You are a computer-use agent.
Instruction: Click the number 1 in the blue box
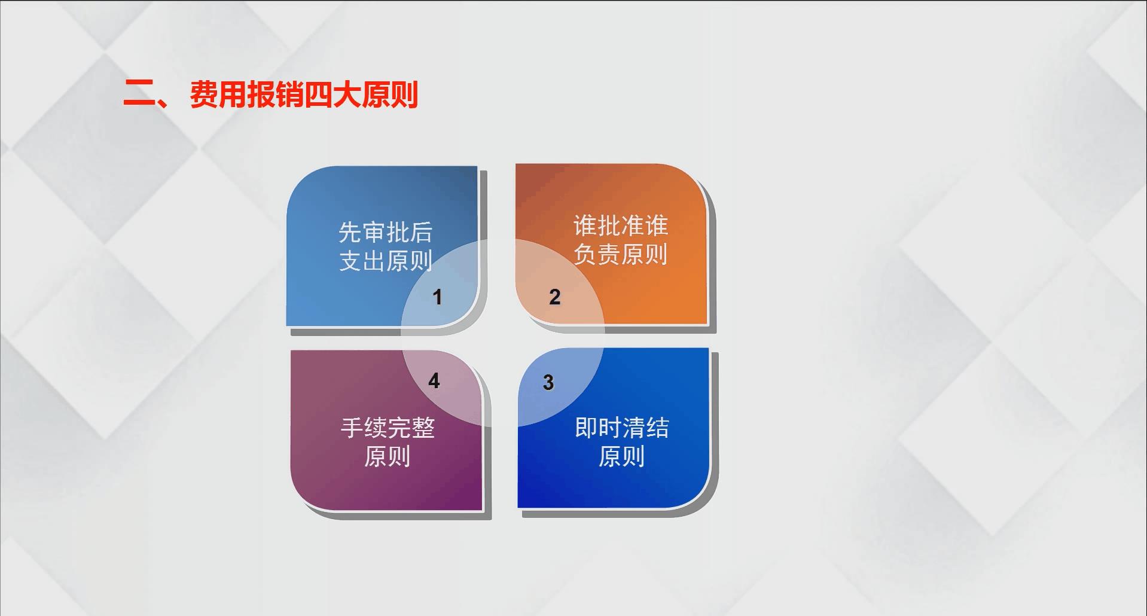437,297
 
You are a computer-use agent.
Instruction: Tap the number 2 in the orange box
555,297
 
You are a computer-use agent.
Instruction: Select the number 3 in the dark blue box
548,383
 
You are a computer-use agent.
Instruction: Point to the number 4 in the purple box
434,381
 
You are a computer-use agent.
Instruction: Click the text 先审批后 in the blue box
386,232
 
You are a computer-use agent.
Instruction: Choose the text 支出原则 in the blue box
386,261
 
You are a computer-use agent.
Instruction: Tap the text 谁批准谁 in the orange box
621,225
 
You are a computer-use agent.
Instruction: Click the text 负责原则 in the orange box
621,254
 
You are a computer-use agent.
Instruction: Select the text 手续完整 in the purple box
388,428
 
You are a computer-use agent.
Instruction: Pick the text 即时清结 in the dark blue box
622,428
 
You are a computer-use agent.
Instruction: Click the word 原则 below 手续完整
388,456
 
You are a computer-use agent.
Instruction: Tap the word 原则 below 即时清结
622,456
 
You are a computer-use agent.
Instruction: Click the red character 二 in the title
139,94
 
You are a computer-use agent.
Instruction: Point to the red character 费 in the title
204,94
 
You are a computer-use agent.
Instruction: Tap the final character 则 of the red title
404,94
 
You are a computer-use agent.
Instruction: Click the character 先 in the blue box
350,232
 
